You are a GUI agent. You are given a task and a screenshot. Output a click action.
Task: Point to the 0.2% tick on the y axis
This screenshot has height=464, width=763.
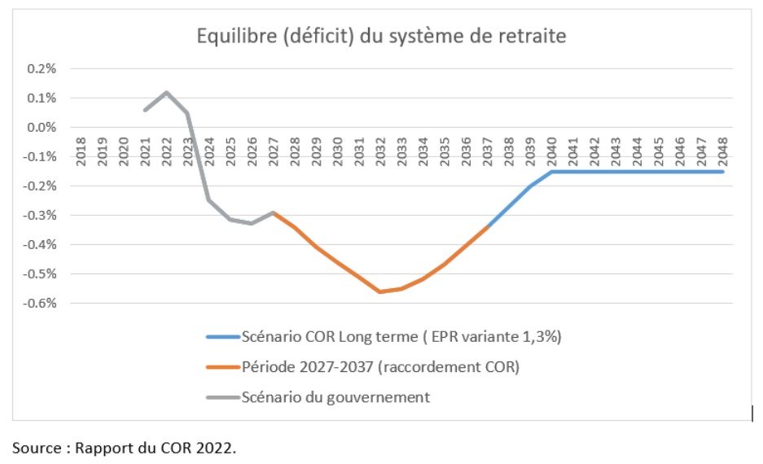(42, 68)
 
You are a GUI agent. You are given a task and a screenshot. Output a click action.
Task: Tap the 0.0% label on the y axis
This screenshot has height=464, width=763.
(42, 127)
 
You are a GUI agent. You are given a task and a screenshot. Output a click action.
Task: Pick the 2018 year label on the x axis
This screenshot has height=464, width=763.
(81, 152)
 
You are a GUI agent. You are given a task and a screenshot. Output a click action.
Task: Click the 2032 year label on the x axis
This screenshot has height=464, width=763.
(379, 152)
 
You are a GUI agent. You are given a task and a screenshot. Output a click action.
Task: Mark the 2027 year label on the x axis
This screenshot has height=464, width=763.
(273, 152)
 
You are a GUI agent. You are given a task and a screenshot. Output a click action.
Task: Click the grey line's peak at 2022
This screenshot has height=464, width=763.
(166, 92)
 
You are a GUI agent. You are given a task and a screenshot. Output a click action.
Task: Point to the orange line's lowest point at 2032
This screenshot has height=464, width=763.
(379, 291)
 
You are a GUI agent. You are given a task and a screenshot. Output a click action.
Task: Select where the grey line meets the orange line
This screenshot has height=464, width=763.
(273, 212)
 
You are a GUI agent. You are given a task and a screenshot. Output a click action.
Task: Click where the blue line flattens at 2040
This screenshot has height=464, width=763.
(550, 172)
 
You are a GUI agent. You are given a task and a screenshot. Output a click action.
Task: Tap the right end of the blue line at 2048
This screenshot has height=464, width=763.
(722, 172)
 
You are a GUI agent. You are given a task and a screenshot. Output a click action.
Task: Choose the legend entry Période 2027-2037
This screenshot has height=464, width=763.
(380, 367)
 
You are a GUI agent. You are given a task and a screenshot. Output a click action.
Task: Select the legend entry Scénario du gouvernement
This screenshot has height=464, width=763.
(335, 397)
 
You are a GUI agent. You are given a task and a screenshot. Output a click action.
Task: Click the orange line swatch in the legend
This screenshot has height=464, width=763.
(222, 367)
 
